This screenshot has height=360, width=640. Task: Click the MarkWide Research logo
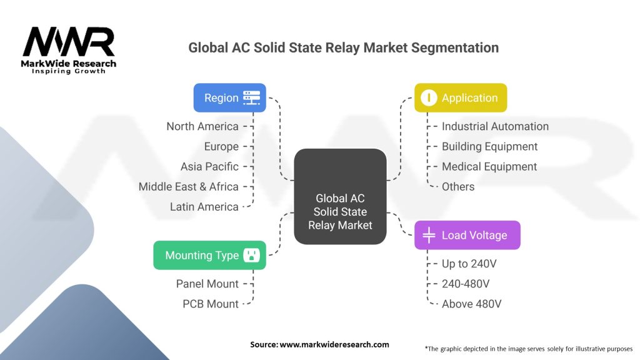69,50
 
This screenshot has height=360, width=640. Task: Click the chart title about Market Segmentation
343,48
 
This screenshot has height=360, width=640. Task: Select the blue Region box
229,97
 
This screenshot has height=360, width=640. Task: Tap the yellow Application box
461,97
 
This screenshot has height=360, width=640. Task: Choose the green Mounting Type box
209,255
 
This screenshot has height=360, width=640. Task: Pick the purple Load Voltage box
467,235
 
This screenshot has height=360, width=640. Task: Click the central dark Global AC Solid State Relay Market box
340,196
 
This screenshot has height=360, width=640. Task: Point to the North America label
202,126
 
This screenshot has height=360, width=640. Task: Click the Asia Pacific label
209,166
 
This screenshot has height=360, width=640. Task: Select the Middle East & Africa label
189,186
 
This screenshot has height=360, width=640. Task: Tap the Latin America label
204,206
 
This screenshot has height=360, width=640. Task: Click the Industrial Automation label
495,126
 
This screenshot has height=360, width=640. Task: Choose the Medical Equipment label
489,166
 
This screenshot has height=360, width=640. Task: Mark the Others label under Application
458,186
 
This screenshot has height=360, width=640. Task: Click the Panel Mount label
207,284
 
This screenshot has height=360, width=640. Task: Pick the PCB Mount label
211,304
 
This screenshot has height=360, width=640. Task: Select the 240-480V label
466,284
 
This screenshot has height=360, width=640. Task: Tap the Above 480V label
472,304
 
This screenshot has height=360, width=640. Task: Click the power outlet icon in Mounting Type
252,255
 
